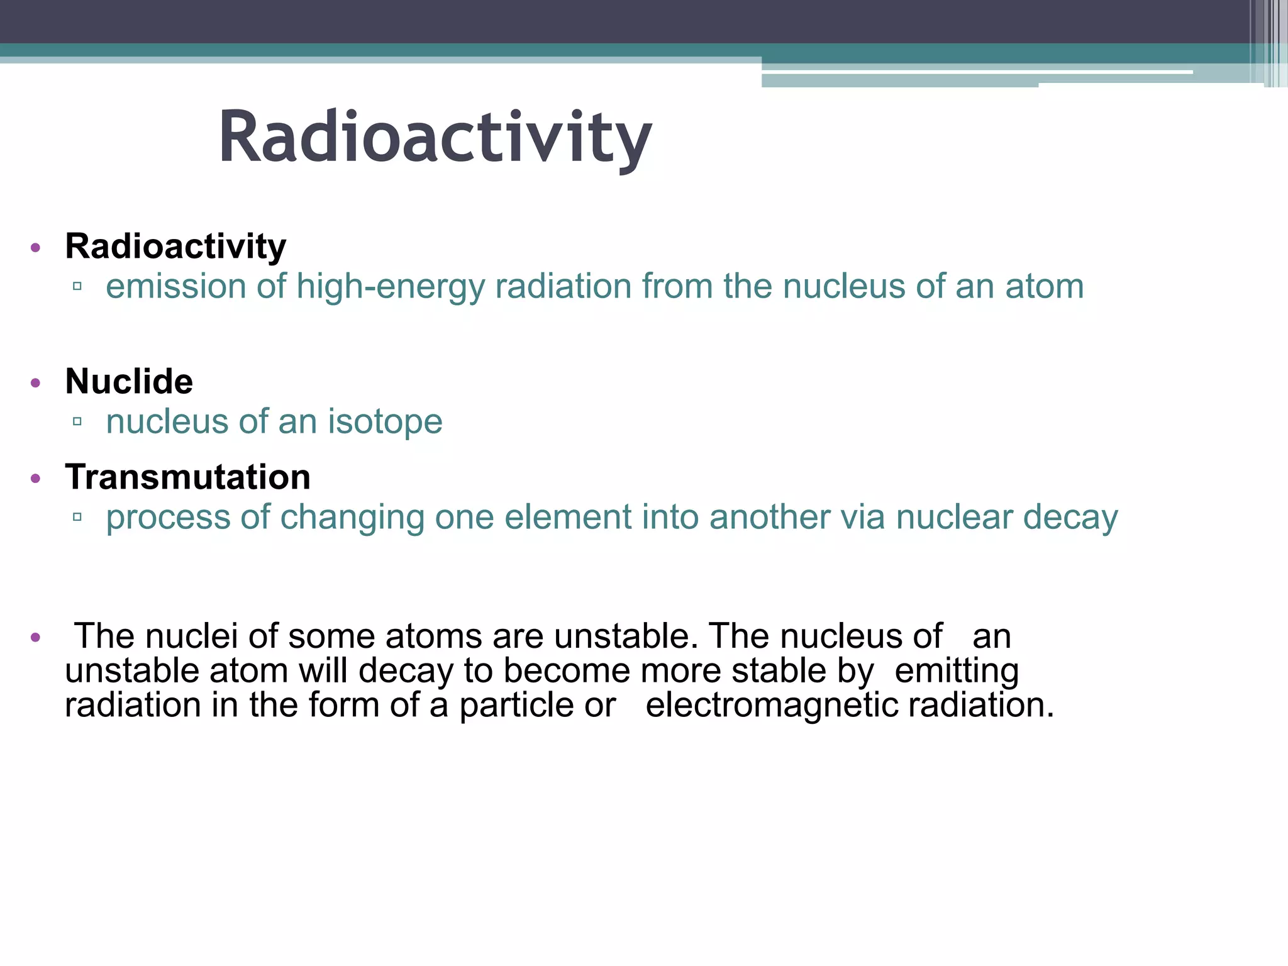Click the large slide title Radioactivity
pyautogui.click(x=435, y=137)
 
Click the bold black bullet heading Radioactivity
pyautogui.click(x=175, y=246)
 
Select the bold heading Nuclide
pyautogui.click(x=129, y=381)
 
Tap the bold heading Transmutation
pyautogui.click(x=187, y=477)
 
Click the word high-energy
pyautogui.click(x=391, y=287)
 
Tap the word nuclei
pyautogui.click(x=191, y=636)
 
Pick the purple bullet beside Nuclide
pyautogui.click(x=36, y=382)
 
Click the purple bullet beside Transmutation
pyautogui.click(x=36, y=479)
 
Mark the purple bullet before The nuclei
pyautogui.click(x=36, y=638)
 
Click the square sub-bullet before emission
pyautogui.click(x=77, y=287)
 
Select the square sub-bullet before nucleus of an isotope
pyautogui.click(x=77, y=421)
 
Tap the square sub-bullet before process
pyautogui.click(x=77, y=517)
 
